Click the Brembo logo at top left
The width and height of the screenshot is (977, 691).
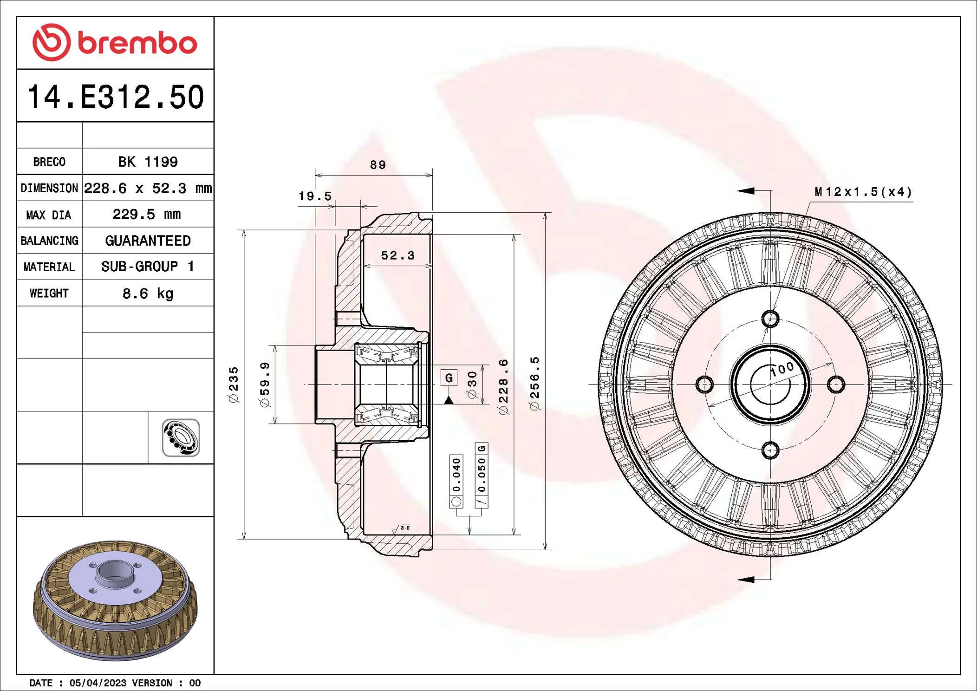(x=115, y=43)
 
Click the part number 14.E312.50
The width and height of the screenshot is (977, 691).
(x=115, y=97)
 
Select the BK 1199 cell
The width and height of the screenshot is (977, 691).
(x=148, y=162)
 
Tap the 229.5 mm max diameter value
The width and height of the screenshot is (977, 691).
(x=147, y=214)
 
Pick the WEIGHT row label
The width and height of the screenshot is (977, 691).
(x=49, y=293)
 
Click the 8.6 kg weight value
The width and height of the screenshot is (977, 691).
(x=148, y=293)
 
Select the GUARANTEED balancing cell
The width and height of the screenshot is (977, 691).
(x=148, y=241)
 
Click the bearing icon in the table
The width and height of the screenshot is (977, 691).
(x=181, y=437)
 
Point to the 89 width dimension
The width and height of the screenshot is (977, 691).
(x=378, y=165)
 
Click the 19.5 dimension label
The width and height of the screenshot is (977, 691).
(x=315, y=196)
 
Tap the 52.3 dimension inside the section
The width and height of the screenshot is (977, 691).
(x=397, y=255)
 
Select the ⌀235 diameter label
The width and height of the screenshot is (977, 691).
(x=234, y=385)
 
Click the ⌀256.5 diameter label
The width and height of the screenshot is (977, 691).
(x=535, y=384)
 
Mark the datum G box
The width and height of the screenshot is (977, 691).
(x=449, y=378)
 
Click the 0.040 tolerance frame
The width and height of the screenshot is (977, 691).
(x=456, y=481)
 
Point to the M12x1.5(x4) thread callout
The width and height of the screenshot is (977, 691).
(x=863, y=192)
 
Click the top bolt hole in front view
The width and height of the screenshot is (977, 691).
(x=770, y=319)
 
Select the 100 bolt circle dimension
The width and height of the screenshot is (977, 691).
(x=782, y=370)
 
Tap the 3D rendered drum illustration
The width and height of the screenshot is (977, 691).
(x=115, y=599)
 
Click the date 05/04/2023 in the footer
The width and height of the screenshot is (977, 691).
(x=98, y=683)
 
